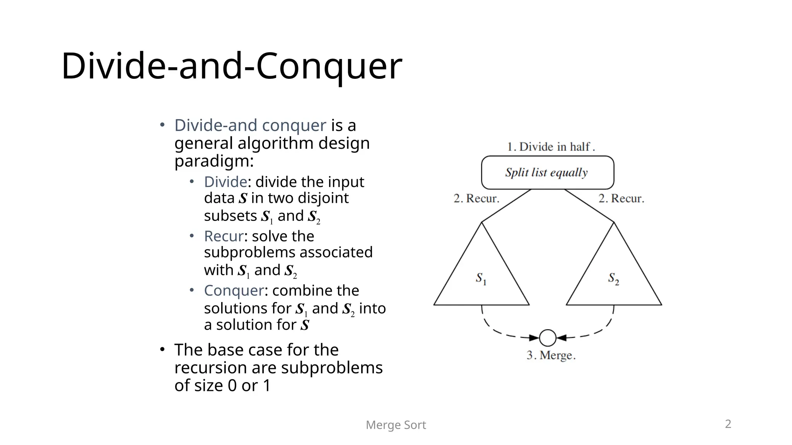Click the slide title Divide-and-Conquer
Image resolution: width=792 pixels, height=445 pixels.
coord(232,66)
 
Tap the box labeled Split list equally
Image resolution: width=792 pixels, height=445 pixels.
coord(547,172)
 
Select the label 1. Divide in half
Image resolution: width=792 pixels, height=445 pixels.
coord(551,147)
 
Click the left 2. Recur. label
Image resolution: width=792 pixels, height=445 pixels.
coord(476,199)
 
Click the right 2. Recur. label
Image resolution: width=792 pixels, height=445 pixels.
coord(621,199)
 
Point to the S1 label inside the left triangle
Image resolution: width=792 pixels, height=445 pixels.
coord(481,279)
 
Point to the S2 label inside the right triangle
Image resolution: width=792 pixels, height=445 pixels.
coord(613,279)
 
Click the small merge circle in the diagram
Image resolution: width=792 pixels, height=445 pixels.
coord(548,338)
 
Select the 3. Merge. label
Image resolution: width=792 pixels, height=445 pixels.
coord(551,355)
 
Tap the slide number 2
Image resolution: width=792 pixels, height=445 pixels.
coord(728,424)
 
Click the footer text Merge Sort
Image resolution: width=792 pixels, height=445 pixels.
coord(396,425)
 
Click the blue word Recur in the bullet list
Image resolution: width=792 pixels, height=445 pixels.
coord(224,236)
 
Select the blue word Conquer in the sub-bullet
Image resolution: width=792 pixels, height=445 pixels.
coord(234,290)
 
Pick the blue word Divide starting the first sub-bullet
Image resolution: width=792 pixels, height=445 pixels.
coord(225,182)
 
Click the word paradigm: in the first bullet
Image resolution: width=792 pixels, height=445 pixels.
coord(214,161)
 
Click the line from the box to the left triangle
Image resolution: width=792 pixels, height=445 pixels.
coord(507,206)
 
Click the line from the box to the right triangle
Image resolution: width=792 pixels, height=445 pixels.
coord(589,206)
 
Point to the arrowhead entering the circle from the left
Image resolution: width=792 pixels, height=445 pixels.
coord(534,338)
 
